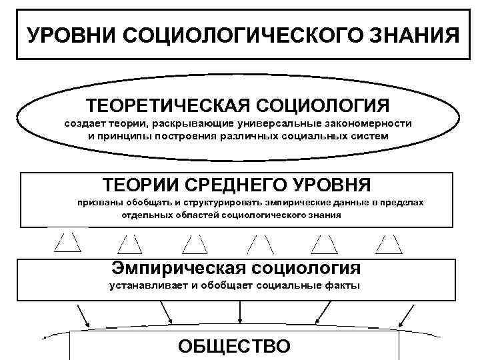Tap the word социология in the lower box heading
pyautogui.click(x=307, y=268)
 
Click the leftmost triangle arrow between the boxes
pyautogui.click(x=67, y=243)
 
